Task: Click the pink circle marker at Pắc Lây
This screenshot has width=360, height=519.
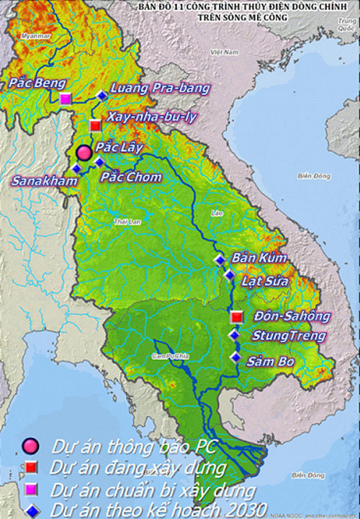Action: (x=84, y=152)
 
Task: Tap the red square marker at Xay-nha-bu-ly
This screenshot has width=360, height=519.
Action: (x=95, y=126)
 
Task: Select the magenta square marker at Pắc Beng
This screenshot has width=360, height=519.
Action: (x=66, y=99)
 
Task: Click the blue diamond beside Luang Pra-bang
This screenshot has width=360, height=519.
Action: (x=101, y=95)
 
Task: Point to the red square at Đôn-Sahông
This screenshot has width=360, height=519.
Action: (x=235, y=316)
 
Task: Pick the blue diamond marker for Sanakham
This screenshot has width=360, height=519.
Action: (x=76, y=168)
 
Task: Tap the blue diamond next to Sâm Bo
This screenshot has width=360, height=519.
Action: (x=235, y=357)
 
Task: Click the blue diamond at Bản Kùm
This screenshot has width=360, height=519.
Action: (x=220, y=260)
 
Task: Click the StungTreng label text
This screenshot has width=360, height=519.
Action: (x=288, y=335)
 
